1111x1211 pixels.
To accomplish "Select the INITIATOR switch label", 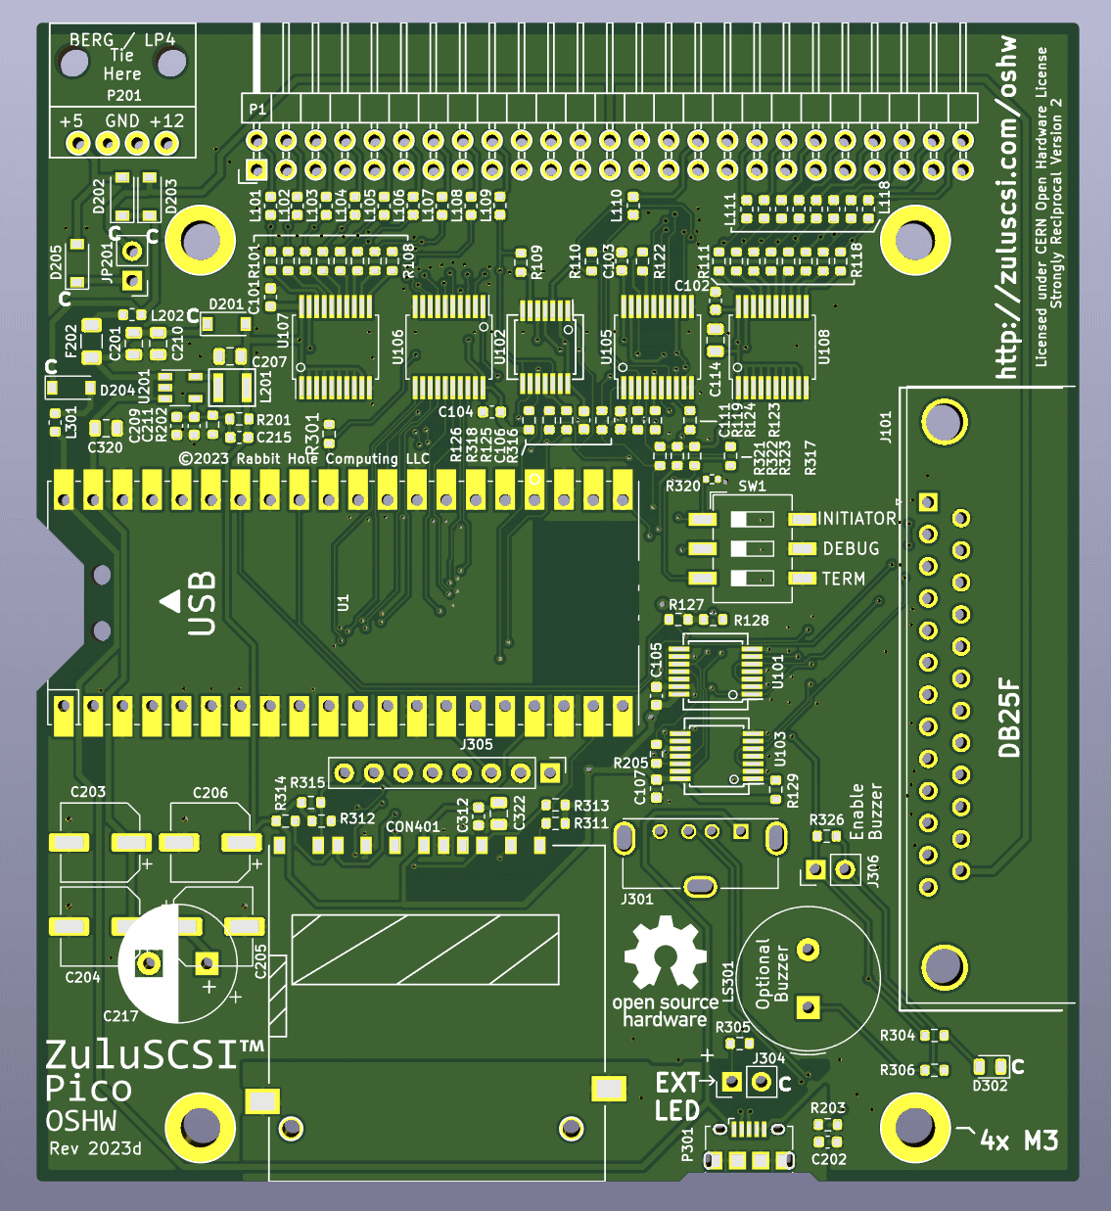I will point(856,519).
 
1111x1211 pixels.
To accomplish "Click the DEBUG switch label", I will point(851,549).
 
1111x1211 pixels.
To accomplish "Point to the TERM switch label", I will point(843,580).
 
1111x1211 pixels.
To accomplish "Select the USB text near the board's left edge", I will point(201,604).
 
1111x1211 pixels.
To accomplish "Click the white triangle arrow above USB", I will point(169,600).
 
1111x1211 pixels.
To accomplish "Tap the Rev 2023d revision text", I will point(95,1148).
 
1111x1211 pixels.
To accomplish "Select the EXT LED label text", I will point(677,1096).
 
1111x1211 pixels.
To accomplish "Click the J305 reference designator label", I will point(476,745).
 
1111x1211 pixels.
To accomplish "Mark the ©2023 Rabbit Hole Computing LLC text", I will point(304,458).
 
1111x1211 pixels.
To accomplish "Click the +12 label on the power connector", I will point(166,121).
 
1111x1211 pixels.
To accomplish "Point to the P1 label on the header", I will point(257,109).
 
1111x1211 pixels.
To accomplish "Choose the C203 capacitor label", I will point(88,792).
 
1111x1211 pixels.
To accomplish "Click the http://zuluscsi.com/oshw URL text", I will point(1005,208).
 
